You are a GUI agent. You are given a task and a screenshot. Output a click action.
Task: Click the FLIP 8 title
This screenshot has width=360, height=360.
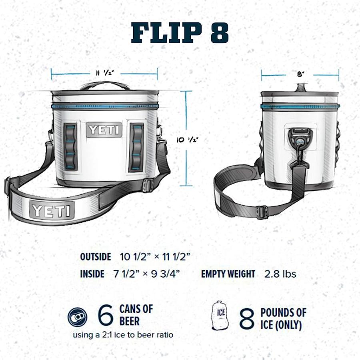180,33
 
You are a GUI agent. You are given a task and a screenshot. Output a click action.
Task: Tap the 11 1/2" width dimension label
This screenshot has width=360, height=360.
105,73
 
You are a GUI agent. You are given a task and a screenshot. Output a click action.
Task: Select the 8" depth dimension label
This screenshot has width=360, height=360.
300,74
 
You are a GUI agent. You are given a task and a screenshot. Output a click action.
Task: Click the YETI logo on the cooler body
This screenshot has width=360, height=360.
104,130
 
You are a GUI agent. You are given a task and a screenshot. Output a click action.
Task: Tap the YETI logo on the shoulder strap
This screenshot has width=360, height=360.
52,210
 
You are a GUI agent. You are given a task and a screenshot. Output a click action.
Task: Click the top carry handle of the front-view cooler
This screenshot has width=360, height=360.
105,85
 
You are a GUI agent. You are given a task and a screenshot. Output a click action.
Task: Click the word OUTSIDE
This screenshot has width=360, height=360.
95,257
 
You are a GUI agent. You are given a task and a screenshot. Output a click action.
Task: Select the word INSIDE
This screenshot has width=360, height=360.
92,274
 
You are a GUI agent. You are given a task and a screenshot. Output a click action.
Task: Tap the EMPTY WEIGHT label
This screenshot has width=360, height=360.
228,274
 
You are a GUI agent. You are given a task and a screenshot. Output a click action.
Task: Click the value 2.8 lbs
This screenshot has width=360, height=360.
280,274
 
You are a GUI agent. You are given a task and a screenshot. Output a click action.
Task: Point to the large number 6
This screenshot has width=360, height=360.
106,316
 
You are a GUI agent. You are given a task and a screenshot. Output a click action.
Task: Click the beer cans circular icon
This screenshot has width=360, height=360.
78,317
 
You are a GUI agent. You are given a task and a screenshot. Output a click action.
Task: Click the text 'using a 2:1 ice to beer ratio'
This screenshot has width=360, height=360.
123,335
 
